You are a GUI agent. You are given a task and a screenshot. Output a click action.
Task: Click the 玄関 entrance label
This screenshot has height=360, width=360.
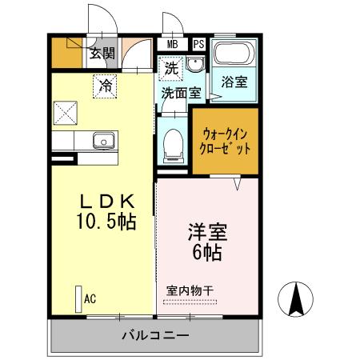pyautogui.click(x=102, y=54)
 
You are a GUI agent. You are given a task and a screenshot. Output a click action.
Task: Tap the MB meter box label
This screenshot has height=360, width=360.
pyautogui.click(x=173, y=46)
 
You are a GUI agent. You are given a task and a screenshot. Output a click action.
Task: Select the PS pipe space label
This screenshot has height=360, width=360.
pyautogui.click(x=198, y=46)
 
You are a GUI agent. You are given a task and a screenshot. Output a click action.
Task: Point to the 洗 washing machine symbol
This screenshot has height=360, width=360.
pyautogui.click(x=171, y=69)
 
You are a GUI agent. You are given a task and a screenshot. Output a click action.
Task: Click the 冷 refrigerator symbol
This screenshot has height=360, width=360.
pyautogui.click(x=105, y=85)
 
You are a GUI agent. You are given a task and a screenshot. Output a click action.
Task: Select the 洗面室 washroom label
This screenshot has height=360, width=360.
pyautogui.click(x=182, y=93)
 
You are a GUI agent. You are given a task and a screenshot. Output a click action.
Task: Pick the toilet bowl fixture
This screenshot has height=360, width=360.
pyautogui.click(x=170, y=146)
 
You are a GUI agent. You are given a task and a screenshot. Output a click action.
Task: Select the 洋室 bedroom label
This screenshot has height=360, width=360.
pyautogui.click(x=206, y=233)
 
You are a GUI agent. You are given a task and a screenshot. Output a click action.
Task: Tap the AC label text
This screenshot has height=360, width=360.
pyautogui.click(x=90, y=299)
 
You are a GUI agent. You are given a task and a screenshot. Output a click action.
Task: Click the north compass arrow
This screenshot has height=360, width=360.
pyautogui.click(x=295, y=301)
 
